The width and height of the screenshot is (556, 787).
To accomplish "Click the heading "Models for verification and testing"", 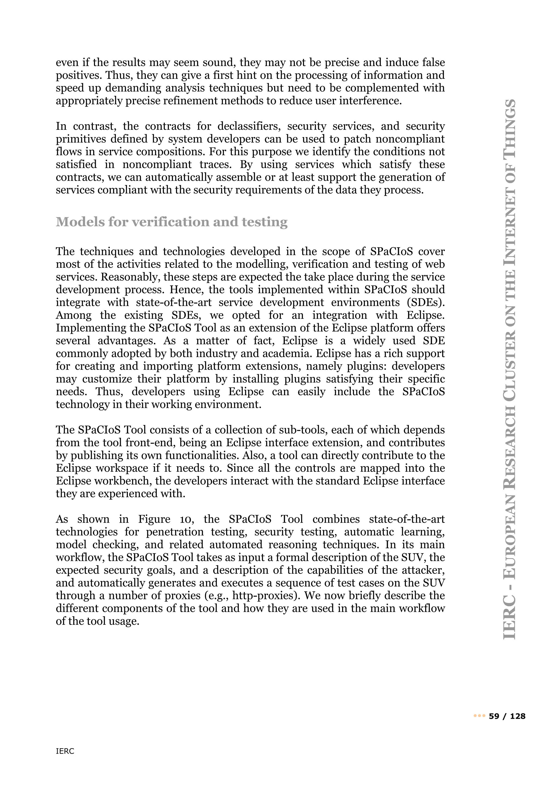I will click(x=172, y=222).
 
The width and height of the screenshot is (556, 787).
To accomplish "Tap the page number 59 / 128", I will click(x=507, y=716).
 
